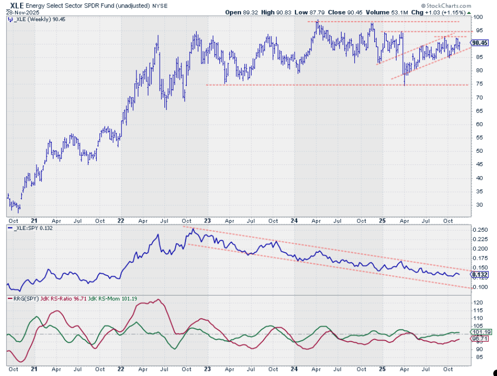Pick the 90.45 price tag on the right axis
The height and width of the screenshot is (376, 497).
(x=479, y=43)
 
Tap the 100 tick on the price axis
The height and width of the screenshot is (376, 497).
(x=478, y=17)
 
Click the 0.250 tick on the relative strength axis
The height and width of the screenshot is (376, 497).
(x=480, y=230)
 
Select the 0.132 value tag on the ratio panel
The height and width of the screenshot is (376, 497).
(x=480, y=274)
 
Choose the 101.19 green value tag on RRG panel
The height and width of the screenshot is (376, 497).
(x=480, y=332)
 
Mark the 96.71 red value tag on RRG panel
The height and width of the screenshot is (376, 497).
(x=480, y=339)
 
